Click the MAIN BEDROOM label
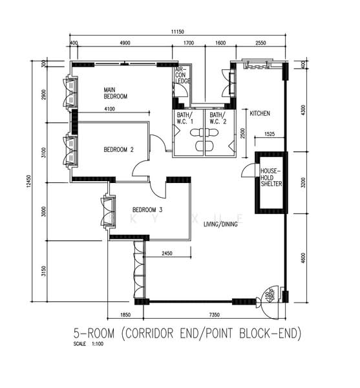click(116, 92)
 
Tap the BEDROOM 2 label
click(118, 149)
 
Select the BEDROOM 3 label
click(147, 210)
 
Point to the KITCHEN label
click(260, 113)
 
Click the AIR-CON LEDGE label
click(182, 76)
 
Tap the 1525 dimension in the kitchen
click(270, 134)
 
